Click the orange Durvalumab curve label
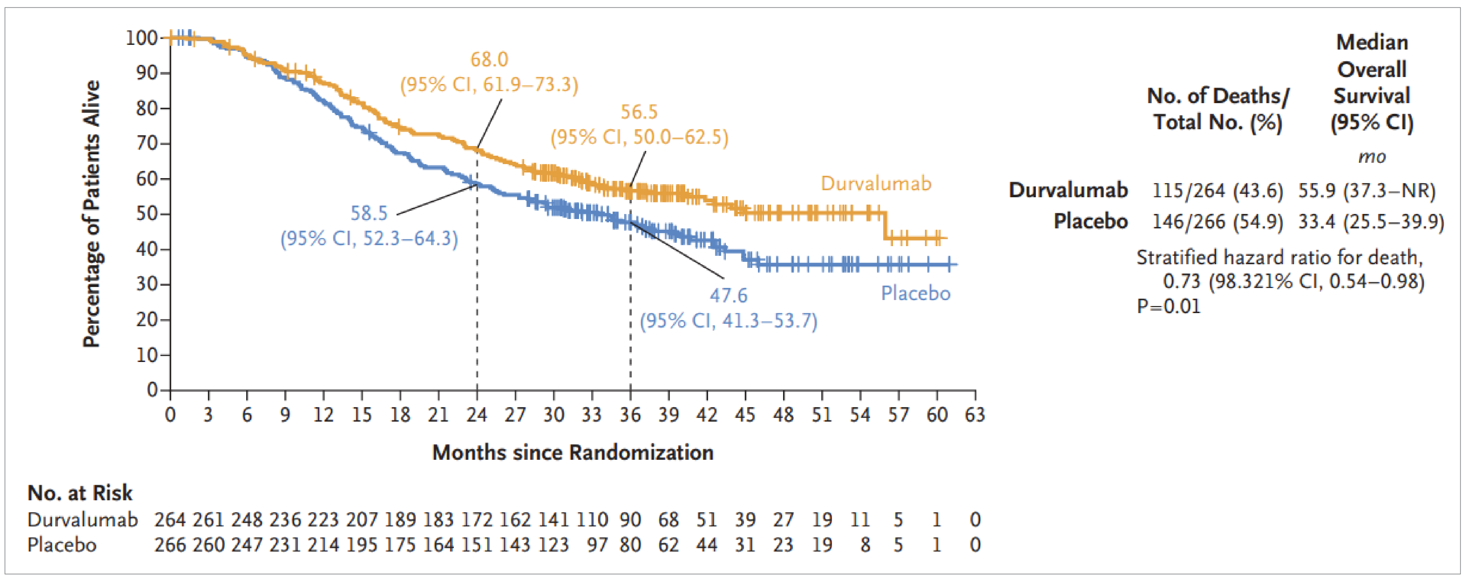pyautogui.click(x=875, y=184)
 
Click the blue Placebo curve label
pyautogui.click(x=915, y=293)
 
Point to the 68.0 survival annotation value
pyautogui.click(x=489, y=59)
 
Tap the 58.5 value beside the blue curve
pyautogui.click(x=368, y=214)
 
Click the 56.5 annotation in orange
pyautogui.click(x=638, y=112)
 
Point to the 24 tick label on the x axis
pyautogui.click(x=477, y=415)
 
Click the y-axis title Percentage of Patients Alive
pyautogui.click(x=91, y=214)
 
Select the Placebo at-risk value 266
pyautogui.click(x=170, y=545)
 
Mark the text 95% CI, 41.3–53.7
pyautogui.click(x=728, y=321)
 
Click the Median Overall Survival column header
pyautogui.click(x=1371, y=83)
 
